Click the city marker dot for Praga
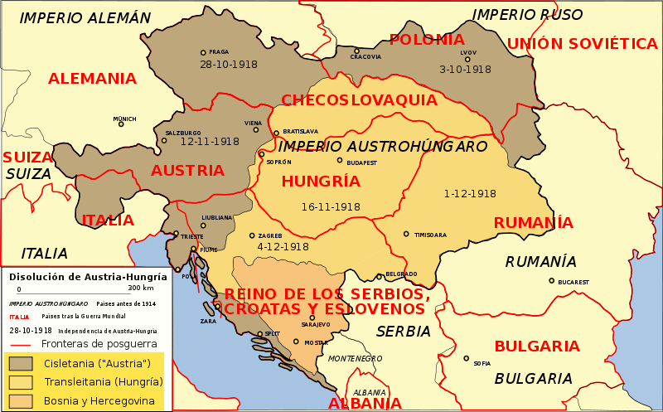pos(203,52)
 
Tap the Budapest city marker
pos(339,160)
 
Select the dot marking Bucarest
pos(551,280)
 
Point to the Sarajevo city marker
pos(312,317)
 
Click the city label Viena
pos(253,123)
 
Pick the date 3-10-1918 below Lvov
pos(465,70)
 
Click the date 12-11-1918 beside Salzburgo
pos(210,142)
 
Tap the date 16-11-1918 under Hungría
pos(331,206)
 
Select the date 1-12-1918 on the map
pos(470,194)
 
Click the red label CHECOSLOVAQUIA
pos(359,100)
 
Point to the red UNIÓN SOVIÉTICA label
pos(582,44)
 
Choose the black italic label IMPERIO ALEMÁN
pos(85,18)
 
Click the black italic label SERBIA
pos(404,332)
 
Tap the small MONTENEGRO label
pos(355,358)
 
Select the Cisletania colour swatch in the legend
pos(20,363)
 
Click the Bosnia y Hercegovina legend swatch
pos(20,401)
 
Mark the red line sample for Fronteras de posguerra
pos(20,343)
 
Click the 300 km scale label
pos(141,288)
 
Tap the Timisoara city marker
pos(406,234)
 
